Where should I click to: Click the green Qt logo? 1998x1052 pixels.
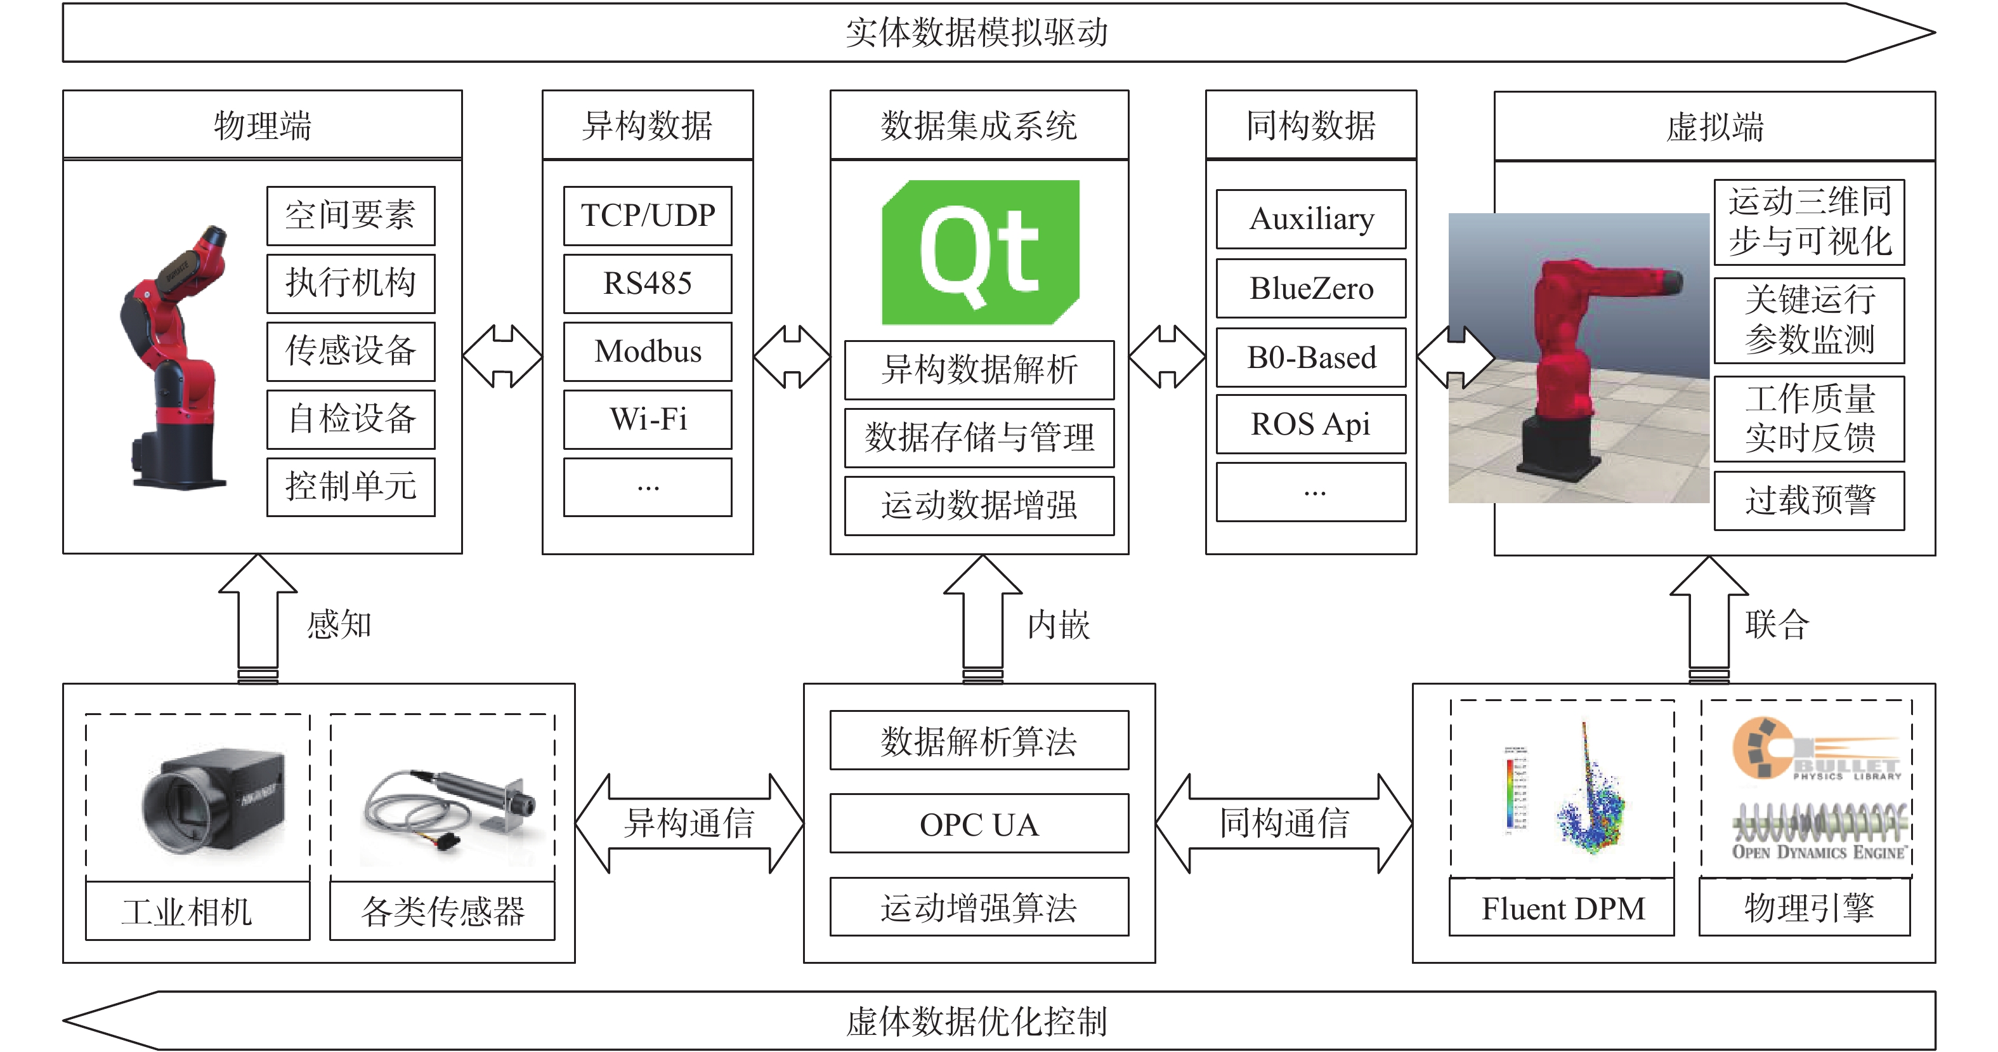pos(981,252)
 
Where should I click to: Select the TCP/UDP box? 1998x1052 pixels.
pos(648,216)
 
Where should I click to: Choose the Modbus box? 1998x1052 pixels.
pos(648,352)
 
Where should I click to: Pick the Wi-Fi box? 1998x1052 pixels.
pos(648,419)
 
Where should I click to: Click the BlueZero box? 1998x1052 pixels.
pos(1311,289)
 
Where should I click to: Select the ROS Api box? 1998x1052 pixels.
pos(1311,424)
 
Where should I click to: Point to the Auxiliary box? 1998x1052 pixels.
pos(1311,220)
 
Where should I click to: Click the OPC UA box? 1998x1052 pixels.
pos(979,824)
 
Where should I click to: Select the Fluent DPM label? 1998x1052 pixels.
pos(1563,909)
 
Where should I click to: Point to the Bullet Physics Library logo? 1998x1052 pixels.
pos(1817,749)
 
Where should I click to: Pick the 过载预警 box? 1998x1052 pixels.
pos(1809,501)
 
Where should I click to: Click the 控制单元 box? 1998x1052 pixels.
pos(351,487)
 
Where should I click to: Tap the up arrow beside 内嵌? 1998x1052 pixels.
pos(983,619)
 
